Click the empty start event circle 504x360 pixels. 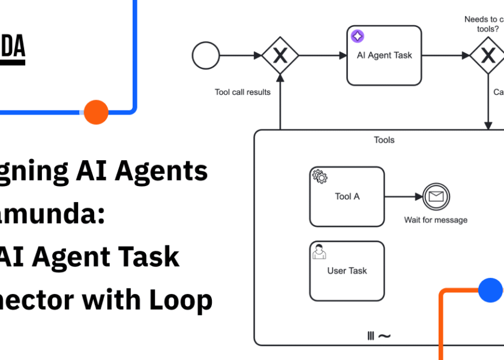tap(206, 56)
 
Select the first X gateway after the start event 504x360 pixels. tap(280, 56)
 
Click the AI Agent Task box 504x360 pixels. tap(384, 56)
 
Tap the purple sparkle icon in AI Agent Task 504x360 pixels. tap(357, 37)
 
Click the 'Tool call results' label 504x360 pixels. tap(242, 92)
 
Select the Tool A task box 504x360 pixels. tap(347, 197)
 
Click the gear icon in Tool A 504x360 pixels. tap(320, 176)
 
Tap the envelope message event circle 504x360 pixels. tap(436, 196)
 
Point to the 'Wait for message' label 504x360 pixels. tap(436, 220)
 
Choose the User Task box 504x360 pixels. tap(347, 271)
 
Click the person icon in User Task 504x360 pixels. tap(319, 251)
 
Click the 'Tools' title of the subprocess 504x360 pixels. tap(384, 140)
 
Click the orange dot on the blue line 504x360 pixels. tap(96, 112)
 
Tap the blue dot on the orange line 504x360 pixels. tap(490, 290)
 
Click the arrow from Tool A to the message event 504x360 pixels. tap(403, 196)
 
